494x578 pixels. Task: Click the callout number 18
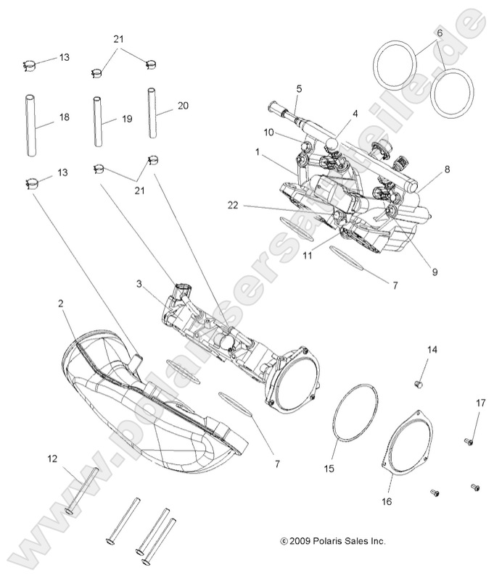pos(64,117)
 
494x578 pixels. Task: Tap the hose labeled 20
pos(153,112)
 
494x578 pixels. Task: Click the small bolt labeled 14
pos(419,382)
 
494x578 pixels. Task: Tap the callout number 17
pos(480,403)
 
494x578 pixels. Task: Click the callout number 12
pos(52,458)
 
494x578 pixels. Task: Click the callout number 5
pos(298,88)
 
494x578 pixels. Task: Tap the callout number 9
pos(435,272)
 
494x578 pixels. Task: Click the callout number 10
pos(268,133)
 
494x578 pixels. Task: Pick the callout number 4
pos(355,114)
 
